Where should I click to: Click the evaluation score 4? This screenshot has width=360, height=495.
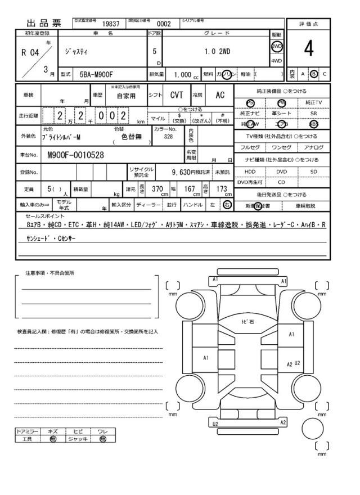(308, 49)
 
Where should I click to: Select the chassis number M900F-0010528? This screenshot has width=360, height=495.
(75, 155)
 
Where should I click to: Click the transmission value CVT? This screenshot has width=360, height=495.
(177, 96)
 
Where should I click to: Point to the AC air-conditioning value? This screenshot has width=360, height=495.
(220, 96)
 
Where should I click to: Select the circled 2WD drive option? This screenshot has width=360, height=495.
(277, 46)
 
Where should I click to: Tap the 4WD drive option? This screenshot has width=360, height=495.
(277, 61)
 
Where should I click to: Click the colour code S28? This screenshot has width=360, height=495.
(169, 136)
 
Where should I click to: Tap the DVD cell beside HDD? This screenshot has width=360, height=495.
(281, 172)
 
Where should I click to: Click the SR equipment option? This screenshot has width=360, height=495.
(314, 113)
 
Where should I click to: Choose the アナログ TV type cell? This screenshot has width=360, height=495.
(314, 147)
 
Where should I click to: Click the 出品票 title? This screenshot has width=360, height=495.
(43, 24)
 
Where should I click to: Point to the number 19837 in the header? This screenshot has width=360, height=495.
(111, 24)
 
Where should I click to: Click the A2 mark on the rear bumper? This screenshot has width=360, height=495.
(283, 422)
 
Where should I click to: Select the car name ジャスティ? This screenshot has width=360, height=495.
(76, 51)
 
